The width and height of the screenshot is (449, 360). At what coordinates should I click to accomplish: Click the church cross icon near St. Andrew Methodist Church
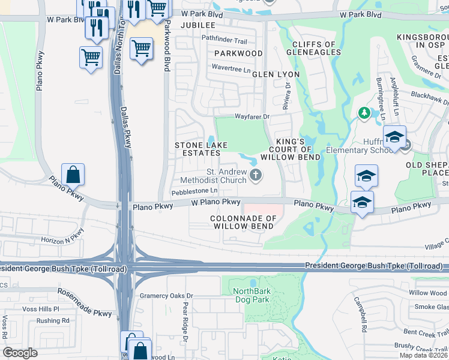256,176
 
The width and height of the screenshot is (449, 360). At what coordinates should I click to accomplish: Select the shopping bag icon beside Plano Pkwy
73,175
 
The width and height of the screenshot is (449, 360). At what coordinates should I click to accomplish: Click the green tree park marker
363,113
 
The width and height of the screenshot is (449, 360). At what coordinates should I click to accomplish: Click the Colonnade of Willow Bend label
243,222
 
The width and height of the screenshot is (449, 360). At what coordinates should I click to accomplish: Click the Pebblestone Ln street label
194,192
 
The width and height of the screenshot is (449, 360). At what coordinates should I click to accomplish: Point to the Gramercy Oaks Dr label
166,296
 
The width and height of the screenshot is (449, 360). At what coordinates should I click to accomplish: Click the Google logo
20,353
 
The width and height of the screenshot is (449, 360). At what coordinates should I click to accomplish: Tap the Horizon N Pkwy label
63,239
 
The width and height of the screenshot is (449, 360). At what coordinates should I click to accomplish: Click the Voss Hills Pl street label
39,309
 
